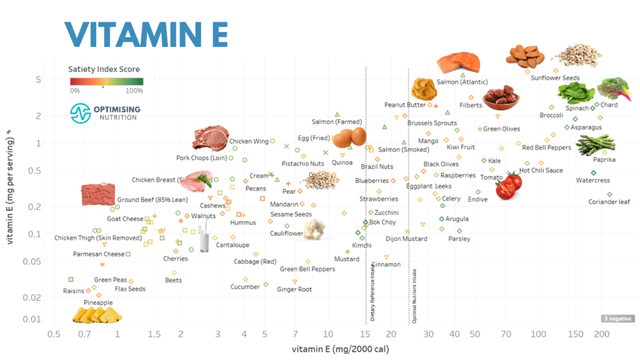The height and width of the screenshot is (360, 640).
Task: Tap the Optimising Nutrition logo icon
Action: pyautogui.click(x=81, y=112)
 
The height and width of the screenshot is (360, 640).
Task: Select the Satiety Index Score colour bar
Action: pyautogui.click(x=106, y=82)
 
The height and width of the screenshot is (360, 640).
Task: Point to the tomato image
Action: pyautogui.click(x=508, y=185)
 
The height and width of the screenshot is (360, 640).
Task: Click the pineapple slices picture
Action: pyautogui.click(x=98, y=314)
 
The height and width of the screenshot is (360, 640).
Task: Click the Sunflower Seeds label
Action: pyautogui.click(x=556, y=78)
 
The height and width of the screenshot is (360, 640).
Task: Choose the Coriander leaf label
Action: pyautogui.click(x=609, y=202)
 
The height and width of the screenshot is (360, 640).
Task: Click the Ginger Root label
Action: pyautogui.click(x=294, y=289)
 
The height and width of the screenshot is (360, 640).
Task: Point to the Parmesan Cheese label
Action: pyautogui.click(x=99, y=254)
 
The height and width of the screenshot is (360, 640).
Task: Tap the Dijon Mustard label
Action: pyautogui.click(x=406, y=239)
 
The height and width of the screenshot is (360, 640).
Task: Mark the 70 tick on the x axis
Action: pyautogui.click(x=505, y=335)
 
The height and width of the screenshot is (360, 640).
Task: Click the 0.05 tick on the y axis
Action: pyautogui.click(x=31, y=261)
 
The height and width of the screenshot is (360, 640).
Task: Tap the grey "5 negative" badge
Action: pyautogui.click(x=614, y=318)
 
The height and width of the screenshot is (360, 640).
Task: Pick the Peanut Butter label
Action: pyautogui.click(x=405, y=105)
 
